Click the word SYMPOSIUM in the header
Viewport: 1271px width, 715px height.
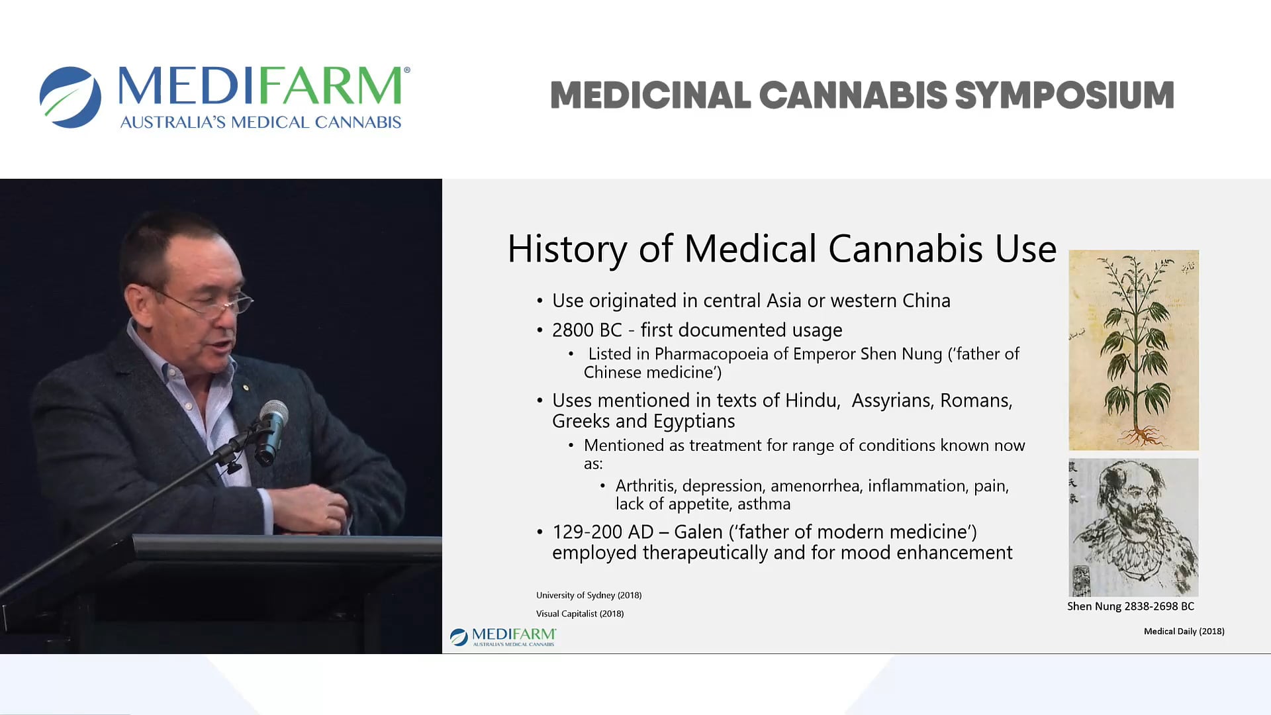pos(1064,95)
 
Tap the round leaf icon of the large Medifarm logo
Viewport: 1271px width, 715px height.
pos(70,97)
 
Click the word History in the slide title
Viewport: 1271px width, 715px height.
pos(567,249)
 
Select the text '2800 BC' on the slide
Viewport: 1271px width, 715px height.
pos(587,330)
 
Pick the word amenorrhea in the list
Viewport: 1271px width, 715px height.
pos(816,486)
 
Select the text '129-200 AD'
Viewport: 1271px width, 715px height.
pos(602,532)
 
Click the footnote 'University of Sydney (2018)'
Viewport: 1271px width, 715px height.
pos(588,595)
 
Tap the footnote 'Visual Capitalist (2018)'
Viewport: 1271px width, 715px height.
pos(580,614)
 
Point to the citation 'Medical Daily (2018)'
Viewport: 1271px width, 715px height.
pos(1184,632)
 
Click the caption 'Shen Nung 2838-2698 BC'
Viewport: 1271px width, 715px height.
pos(1130,606)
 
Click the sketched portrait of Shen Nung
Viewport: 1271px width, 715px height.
pos(1133,527)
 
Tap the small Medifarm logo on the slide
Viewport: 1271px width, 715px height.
pos(503,637)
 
